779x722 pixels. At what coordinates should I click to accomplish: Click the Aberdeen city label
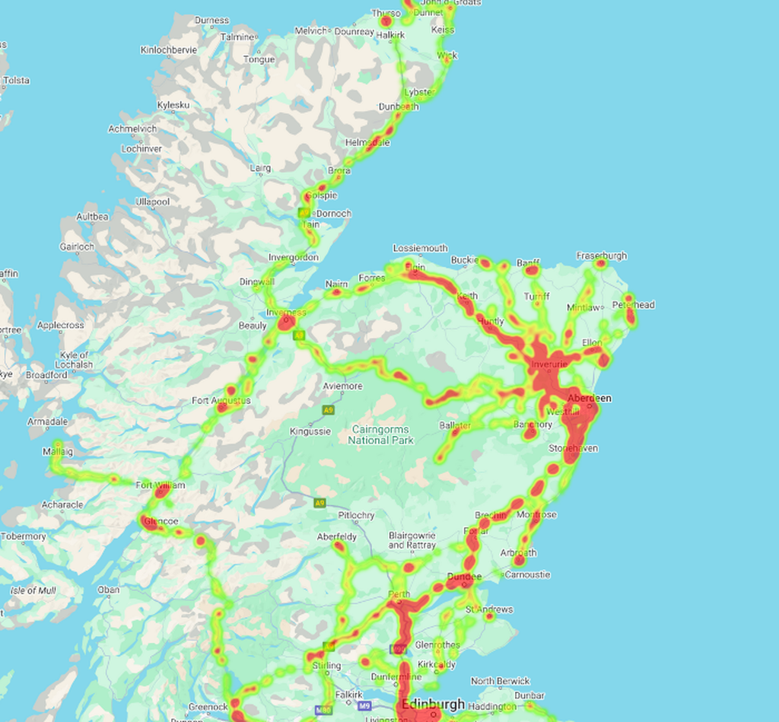[x=589, y=398]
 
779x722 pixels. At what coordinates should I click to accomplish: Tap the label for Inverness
[x=286, y=313]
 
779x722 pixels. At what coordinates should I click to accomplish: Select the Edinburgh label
[x=433, y=705]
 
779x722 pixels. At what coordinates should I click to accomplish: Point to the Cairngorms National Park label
[x=380, y=435]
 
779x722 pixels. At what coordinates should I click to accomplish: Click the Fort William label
[x=160, y=485]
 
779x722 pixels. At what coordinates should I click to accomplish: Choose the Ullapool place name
[x=152, y=202]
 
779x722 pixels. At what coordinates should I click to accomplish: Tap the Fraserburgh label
[x=601, y=256]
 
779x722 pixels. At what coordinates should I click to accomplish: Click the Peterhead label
[x=633, y=305]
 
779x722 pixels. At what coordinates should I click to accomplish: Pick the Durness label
[x=211, y=21]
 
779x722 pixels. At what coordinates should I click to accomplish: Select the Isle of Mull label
[x=33, y=590]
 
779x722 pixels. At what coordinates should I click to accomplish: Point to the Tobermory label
[x=24, y=536]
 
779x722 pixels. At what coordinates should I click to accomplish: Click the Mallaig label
[x=58, y=451]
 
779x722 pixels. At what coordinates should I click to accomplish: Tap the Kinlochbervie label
[x=169, y=50]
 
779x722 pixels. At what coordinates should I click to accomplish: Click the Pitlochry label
[x=356, y=515]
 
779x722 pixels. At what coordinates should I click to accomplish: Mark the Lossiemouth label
[x=420, y=249]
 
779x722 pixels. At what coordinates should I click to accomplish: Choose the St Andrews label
[x=489, y=609]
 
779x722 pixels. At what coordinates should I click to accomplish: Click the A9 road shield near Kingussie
[x=328, y=410]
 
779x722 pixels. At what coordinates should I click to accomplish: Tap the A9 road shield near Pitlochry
[x=320, y=503]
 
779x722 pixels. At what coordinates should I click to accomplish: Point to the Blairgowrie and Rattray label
[x=412, y=540]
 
